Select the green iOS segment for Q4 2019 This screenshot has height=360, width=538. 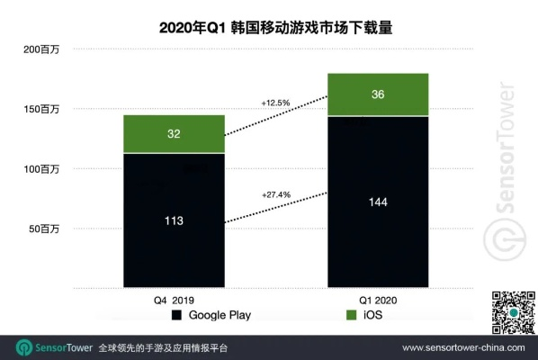coord(174,134)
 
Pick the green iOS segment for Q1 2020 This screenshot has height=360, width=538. coord(378,94)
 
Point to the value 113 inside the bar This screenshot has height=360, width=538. coord(174,220)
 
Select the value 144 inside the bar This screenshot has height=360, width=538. coord(378,203)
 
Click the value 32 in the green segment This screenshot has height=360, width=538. coord(174,134)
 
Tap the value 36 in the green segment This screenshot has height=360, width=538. coord(378,94)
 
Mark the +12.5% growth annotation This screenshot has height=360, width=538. coord(276,103)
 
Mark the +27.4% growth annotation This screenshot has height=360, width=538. coord(276,193)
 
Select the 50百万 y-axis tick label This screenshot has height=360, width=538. coord(42,229)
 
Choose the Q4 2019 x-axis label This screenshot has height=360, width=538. coord(174,300)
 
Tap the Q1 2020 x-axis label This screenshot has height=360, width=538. coord(378,300)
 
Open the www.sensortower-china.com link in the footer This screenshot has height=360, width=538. coord(463,347)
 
